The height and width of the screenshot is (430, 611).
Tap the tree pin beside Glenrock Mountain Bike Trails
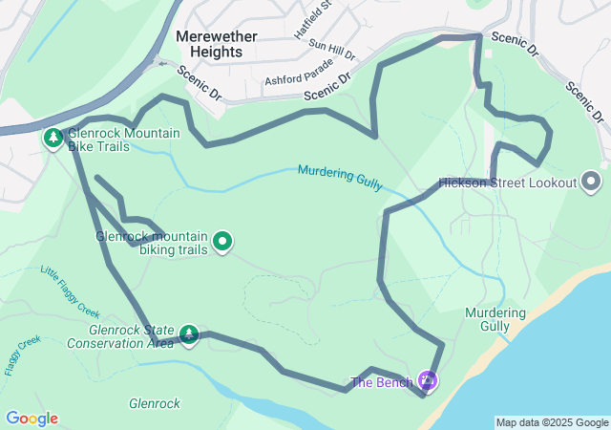(53, 140)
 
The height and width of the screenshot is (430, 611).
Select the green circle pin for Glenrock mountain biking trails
(222, 242)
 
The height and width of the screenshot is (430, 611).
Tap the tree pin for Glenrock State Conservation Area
(189, 334)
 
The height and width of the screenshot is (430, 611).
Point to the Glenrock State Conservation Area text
(119, 336)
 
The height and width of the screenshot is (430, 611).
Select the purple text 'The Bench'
(382, 383)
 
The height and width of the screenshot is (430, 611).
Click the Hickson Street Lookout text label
(508, 183)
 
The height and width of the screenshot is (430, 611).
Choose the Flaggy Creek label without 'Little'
(22, 355)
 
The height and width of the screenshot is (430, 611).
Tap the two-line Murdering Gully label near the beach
(495, 319)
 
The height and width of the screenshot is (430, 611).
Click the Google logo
(32, 419)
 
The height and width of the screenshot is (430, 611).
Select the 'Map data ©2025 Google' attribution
(552, 422)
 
